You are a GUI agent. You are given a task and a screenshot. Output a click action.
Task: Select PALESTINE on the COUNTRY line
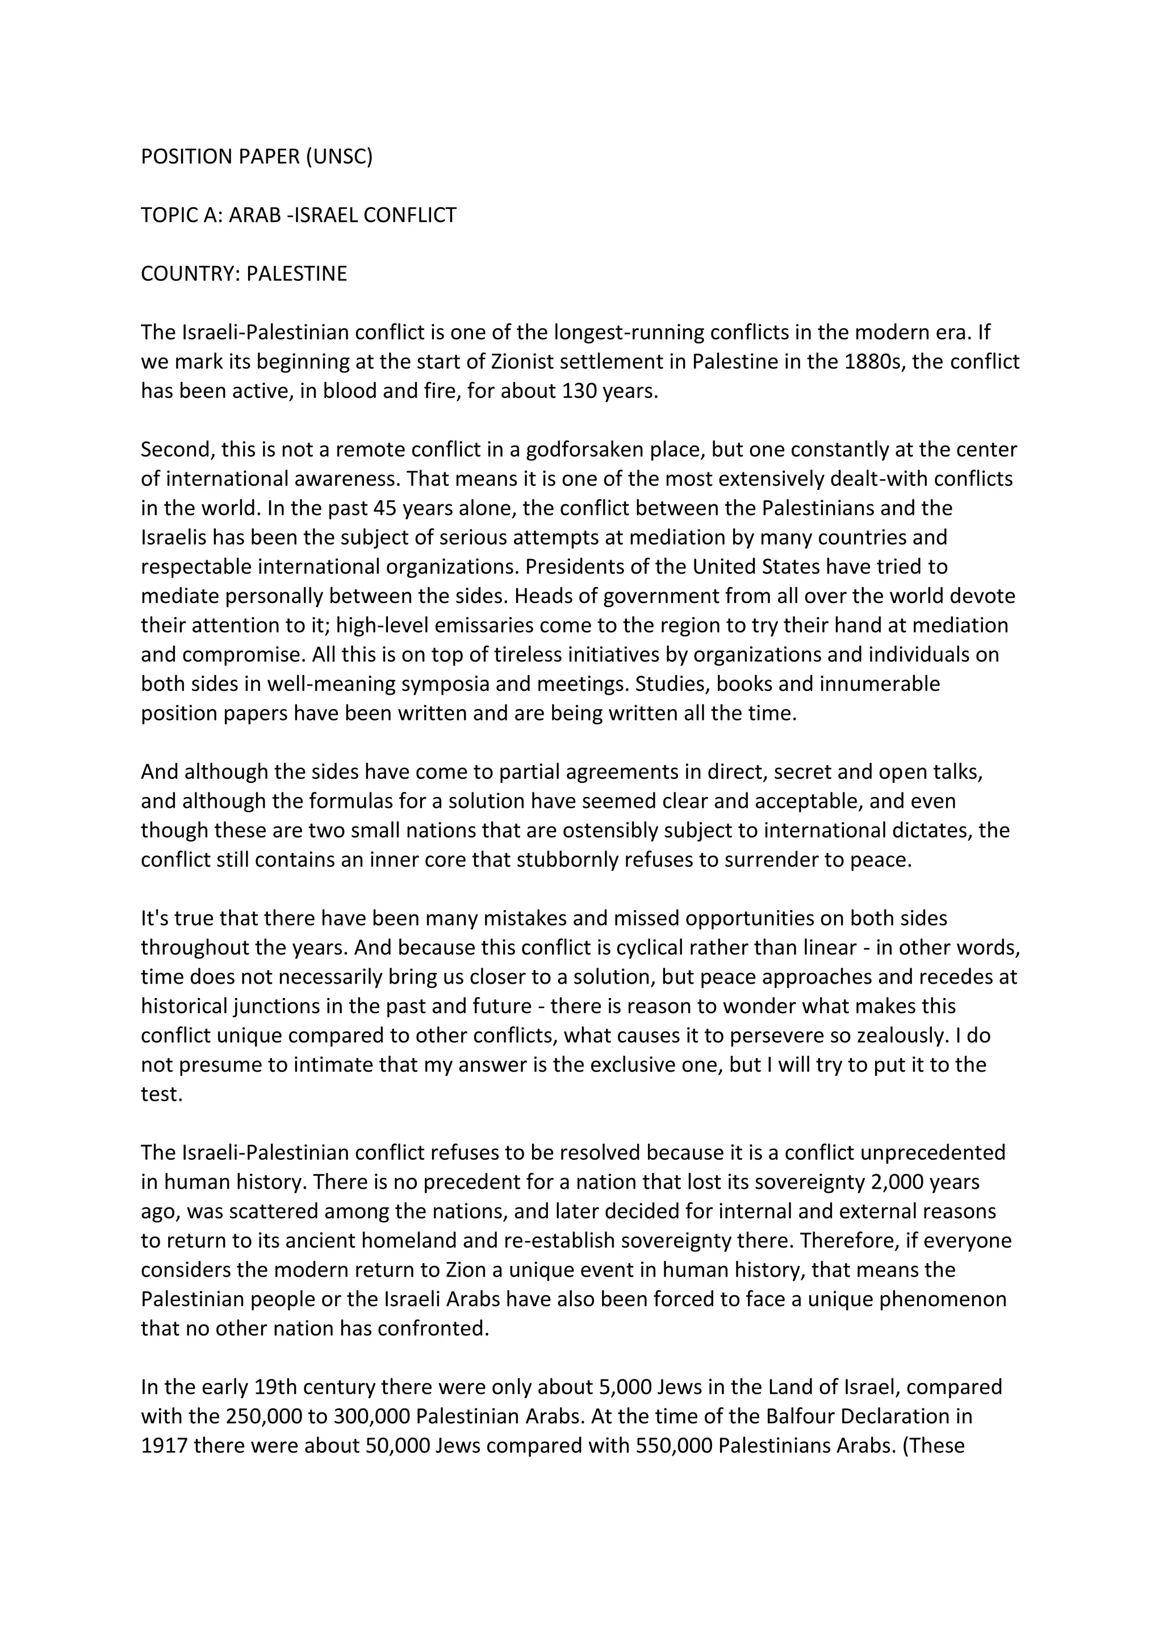(x=296, y=274)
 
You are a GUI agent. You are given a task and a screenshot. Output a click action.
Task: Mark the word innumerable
(x=880, y=685)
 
